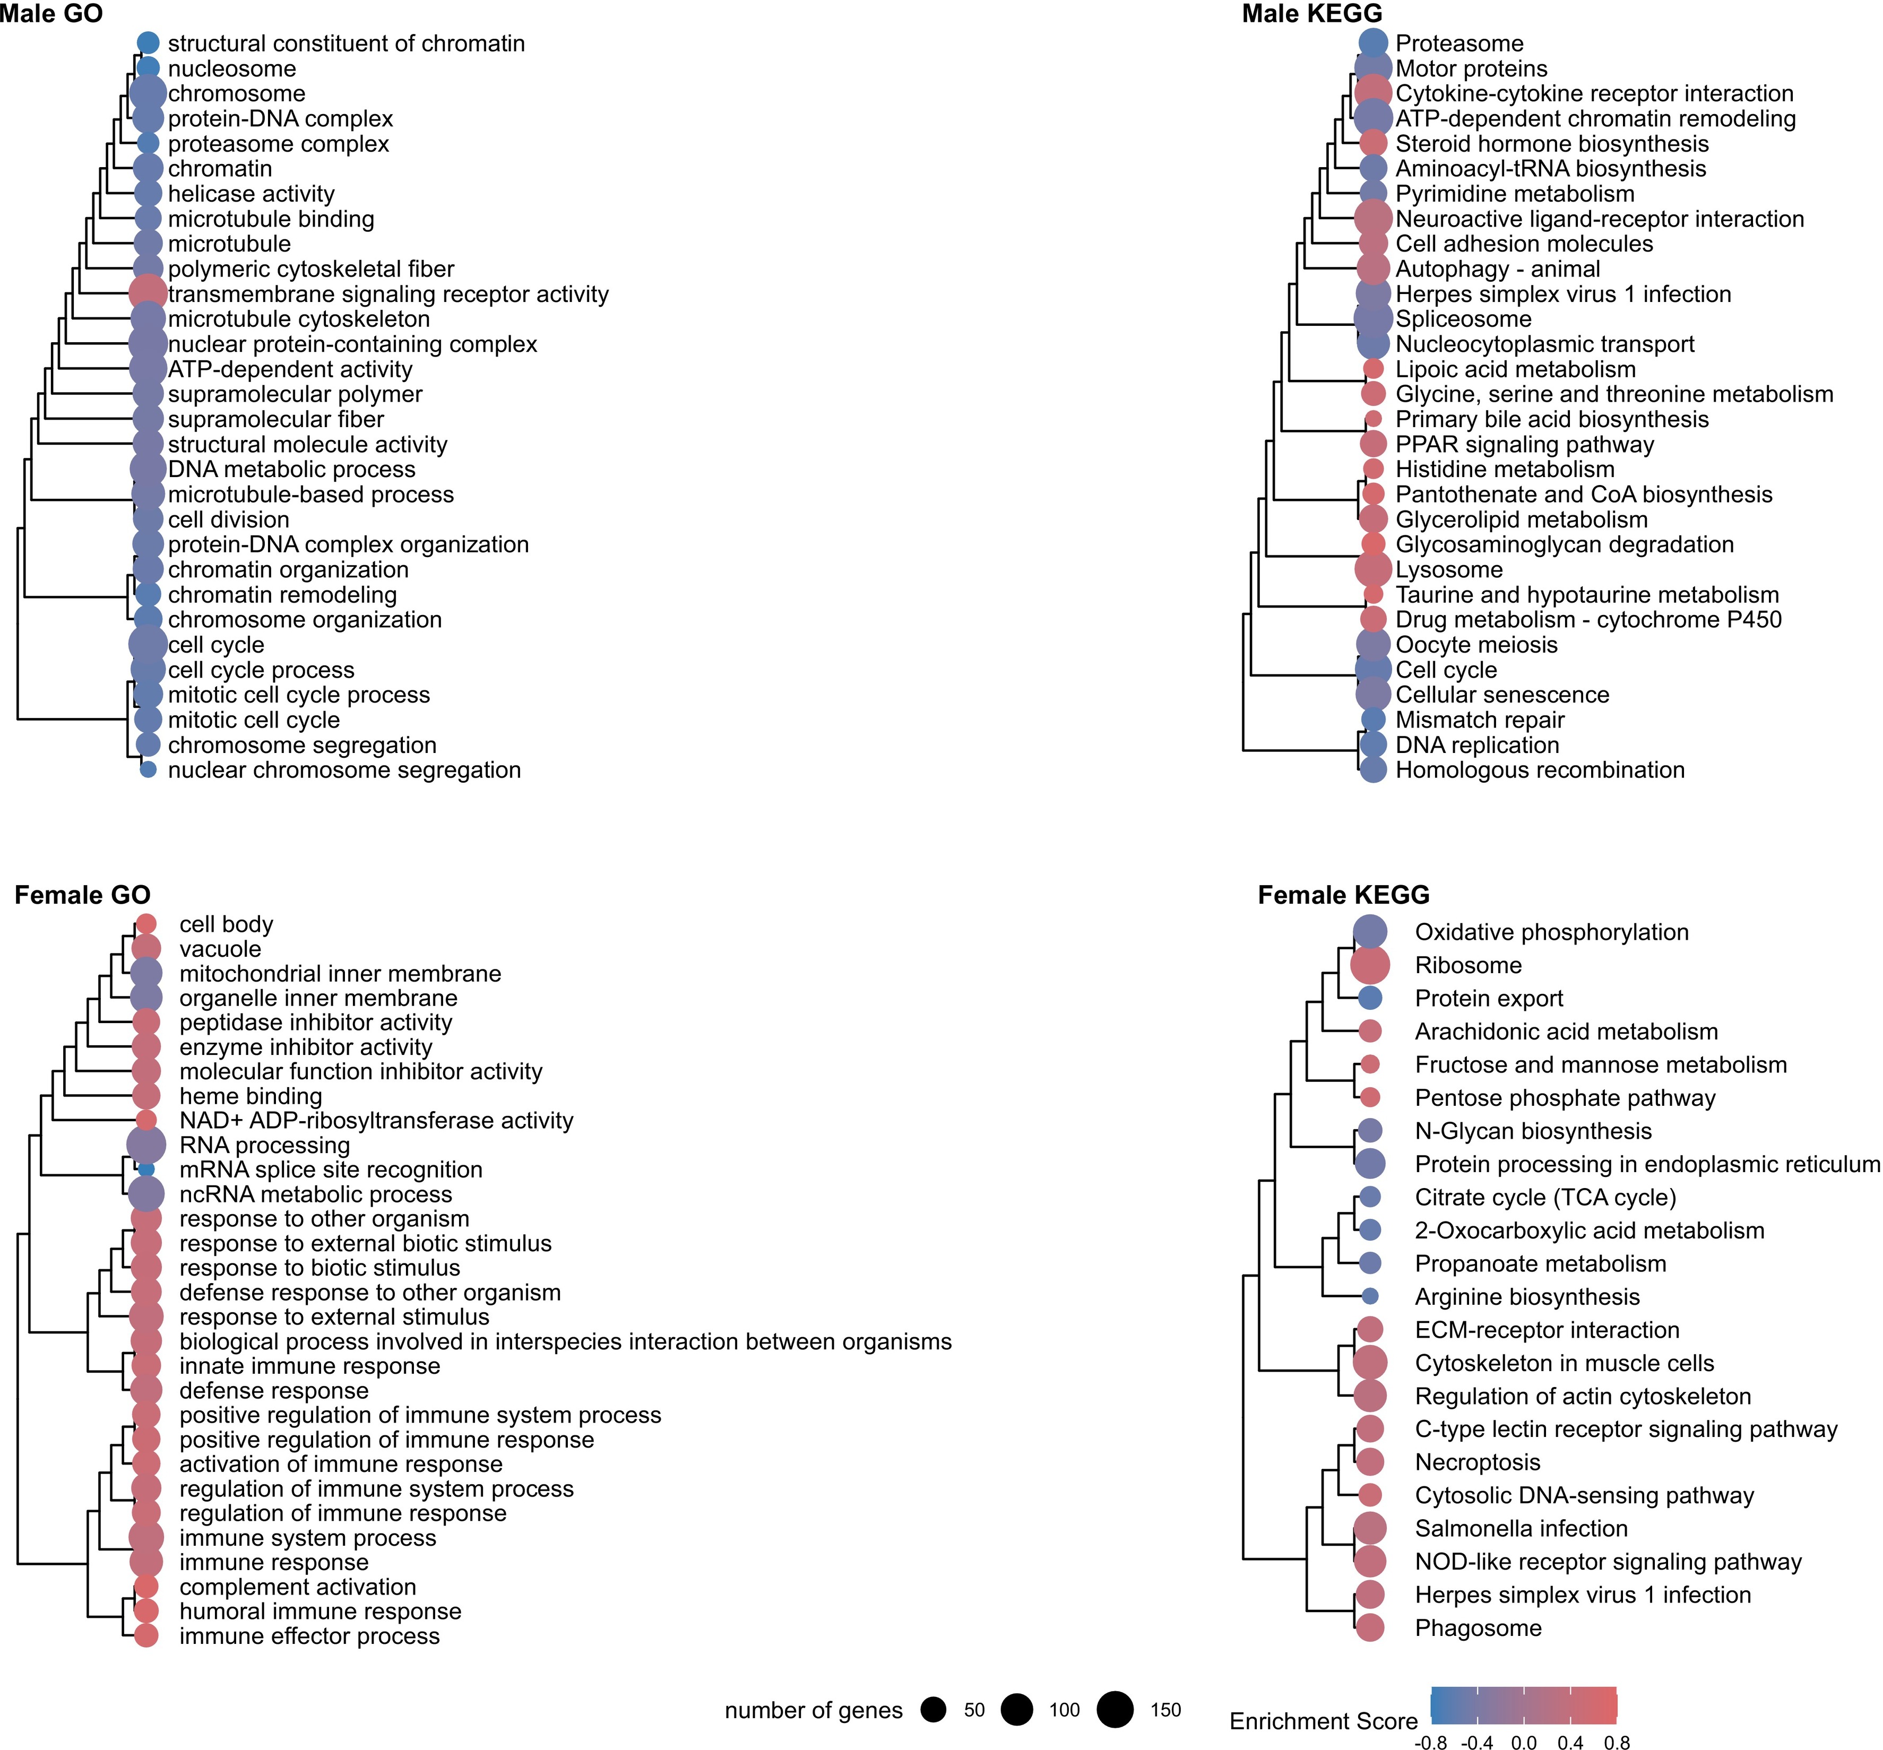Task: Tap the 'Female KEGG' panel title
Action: (x=1343, y=895)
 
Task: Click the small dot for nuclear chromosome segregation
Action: (x=148, y=770)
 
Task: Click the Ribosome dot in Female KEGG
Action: (x=1370, y=965)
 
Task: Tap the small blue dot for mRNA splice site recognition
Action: (x=146, y=1169)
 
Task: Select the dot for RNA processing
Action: (x=146, y=1145)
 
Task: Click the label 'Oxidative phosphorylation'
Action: (x=1551, y=932)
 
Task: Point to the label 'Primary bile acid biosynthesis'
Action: (x=1551, y=420)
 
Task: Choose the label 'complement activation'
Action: (x=297, y=1587)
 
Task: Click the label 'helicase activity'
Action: (x=251, y=194)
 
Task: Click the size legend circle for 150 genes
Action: (x=1115, y=1709)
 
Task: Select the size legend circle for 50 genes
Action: (x=934, y=1709)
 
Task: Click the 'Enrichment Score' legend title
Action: (x=1323, y=1721)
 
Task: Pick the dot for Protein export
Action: (x=1370, y=998)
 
